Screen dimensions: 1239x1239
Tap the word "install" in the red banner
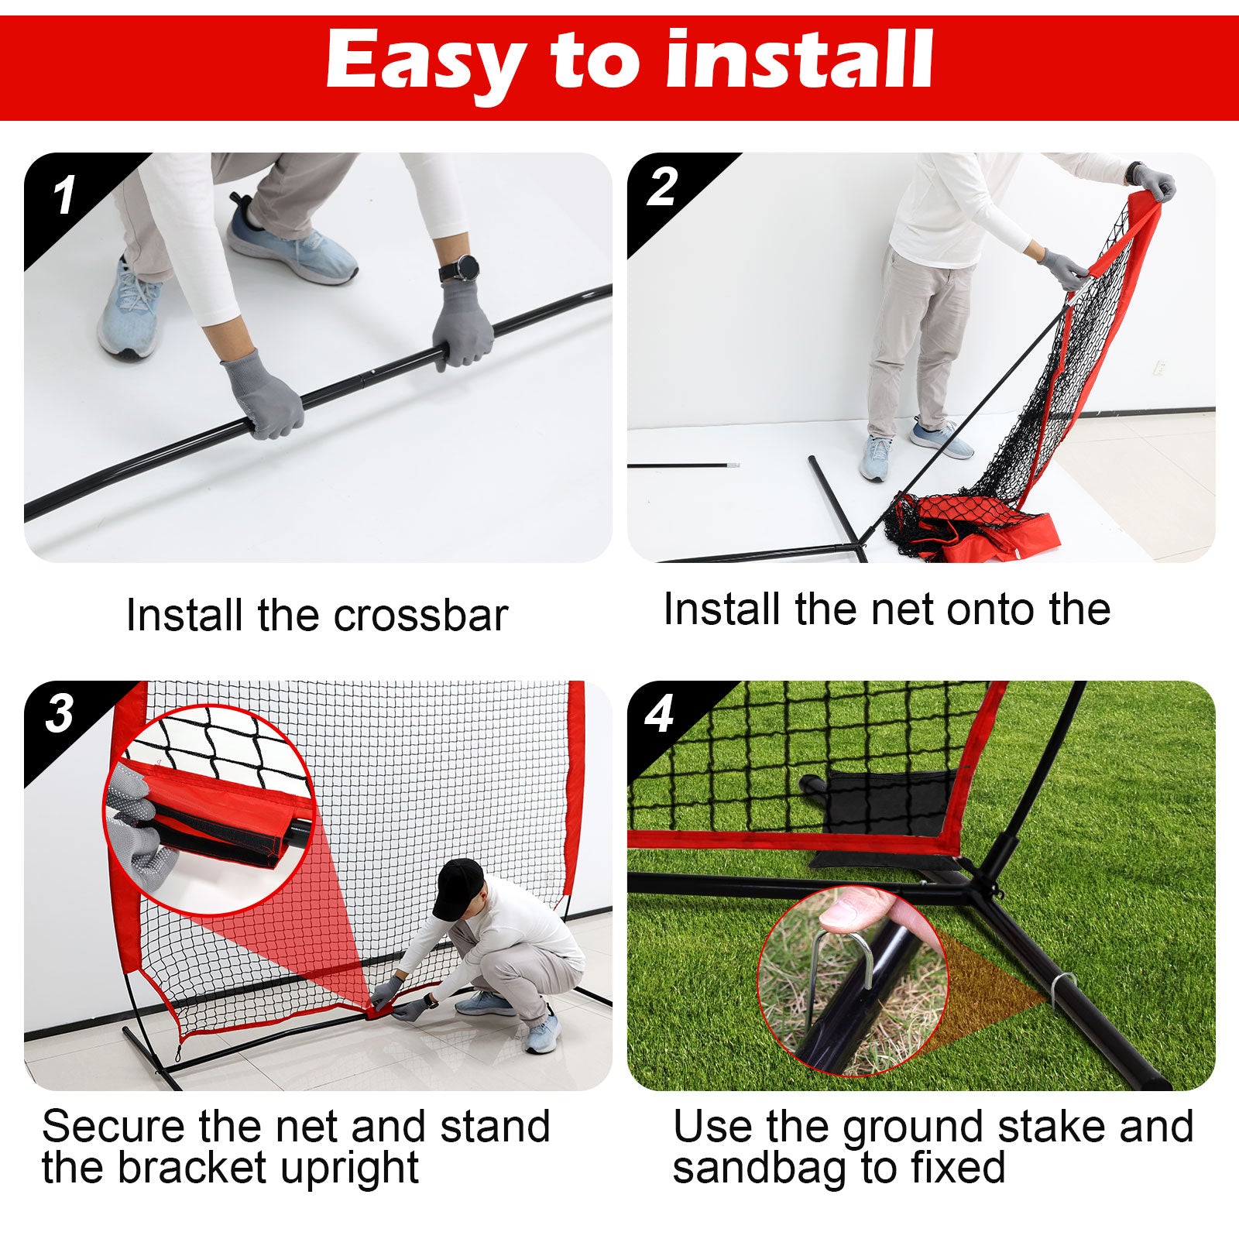click(x=799, y=60)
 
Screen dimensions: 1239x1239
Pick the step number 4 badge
click(x=659, y=714)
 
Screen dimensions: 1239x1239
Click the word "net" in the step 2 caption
click(x=898, y=609)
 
